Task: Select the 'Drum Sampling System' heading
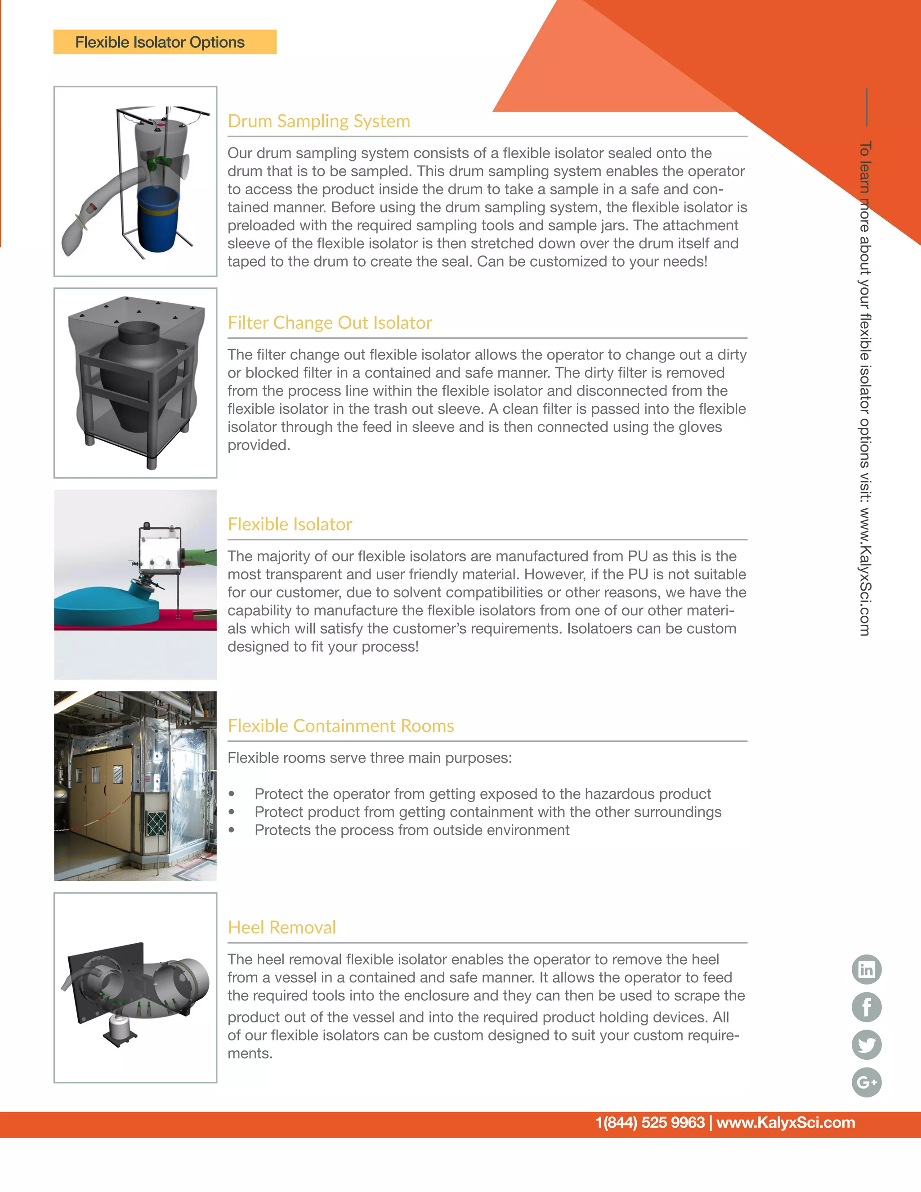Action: click(x=319, y=121)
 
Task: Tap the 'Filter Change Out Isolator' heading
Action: click(x=330, y=323)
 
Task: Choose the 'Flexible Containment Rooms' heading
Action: click(x=340, y=726)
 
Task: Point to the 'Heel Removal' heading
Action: click(x=282, y=928)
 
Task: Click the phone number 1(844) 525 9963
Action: click(x=650, y=1123)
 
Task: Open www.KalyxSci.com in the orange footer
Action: click(x=786, y=1123)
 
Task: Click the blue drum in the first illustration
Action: click(x=158, y=218)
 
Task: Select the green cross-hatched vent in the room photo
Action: click(x=156, y=824)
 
